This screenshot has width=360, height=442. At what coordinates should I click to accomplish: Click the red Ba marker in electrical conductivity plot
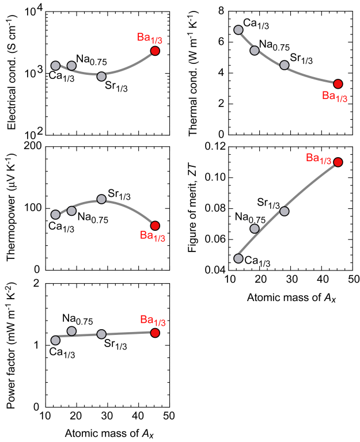155,51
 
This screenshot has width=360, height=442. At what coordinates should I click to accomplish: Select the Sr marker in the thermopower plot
101,199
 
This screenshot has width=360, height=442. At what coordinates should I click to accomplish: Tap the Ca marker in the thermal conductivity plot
238,30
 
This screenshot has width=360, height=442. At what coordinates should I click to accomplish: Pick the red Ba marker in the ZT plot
338,162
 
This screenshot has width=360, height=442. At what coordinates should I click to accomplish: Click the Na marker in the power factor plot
71,331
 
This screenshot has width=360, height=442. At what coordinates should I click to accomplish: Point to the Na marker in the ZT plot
255,228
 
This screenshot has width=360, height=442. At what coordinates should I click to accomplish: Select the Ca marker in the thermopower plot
55,215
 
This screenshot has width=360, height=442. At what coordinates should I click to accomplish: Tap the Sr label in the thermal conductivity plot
301,58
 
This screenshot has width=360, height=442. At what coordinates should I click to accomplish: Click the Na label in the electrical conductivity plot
90,59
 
